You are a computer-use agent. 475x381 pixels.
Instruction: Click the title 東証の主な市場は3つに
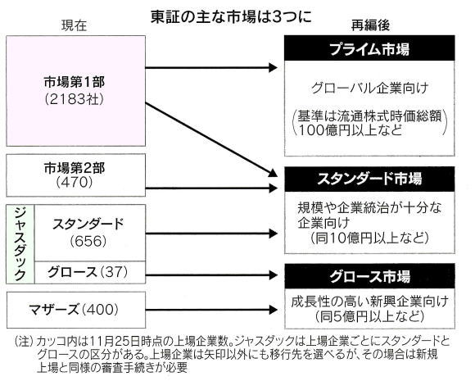[231, 17]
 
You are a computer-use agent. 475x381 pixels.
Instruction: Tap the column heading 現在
[75, 25]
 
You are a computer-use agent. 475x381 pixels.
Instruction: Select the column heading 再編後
[370, 25]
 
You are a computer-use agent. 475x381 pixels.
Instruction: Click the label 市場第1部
[75, 82]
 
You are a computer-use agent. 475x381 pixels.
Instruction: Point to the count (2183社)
[75, 99]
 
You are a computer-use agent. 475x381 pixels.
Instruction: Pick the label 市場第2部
[75, 168]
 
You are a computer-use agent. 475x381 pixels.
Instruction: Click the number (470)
[75, 183]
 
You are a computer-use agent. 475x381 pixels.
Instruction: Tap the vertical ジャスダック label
[20, 243]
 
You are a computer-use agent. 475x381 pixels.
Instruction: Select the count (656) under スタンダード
[88, 241]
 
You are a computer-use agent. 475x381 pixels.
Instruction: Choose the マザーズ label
[54, 310]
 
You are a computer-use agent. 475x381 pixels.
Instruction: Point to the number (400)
[100, 310]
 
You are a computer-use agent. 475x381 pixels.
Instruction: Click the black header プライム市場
[369, 48]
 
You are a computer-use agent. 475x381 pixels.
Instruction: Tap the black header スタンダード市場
[369, 179]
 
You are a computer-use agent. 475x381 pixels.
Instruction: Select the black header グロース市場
[369, 276]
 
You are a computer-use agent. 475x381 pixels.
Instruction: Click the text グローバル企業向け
[369, 88]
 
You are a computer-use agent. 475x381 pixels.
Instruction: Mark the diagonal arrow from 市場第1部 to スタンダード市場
[211, 139]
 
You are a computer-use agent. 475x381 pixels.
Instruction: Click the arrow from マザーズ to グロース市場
[211, 310]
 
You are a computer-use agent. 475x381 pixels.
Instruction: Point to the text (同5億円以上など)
[369, 317]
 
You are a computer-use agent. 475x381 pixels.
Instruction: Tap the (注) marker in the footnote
[23, 342]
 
